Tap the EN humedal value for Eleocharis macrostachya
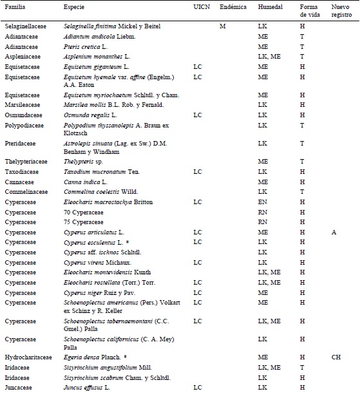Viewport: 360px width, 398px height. pyautogui.click(x=262, y=202)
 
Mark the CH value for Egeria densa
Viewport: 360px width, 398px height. pyautogui.click(x=336, y=357)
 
